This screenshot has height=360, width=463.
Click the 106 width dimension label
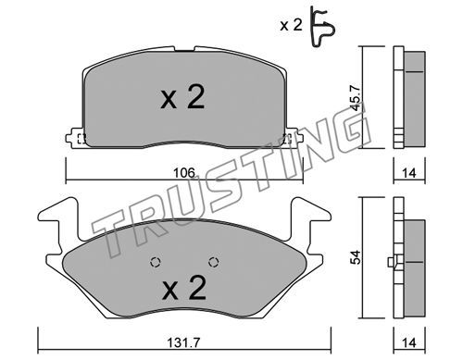pyautogui.click(x=184, y=173)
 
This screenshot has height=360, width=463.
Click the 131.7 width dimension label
pyautogui.click(x=184, y=341)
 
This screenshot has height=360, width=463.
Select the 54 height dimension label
pyautogui.click(x=356, y=257)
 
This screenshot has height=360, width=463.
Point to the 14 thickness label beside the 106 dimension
pyautogui.click(x=409, y=173)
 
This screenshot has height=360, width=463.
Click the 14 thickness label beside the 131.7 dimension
pyautogui.click(x=409, y=342)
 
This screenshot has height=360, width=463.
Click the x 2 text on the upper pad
pyautogui.click(x=182, y=97)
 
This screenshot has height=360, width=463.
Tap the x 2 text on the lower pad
pyautogui.click(x=184, y=288)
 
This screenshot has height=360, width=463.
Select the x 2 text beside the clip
pyautogui.click(x=291, y=25)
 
